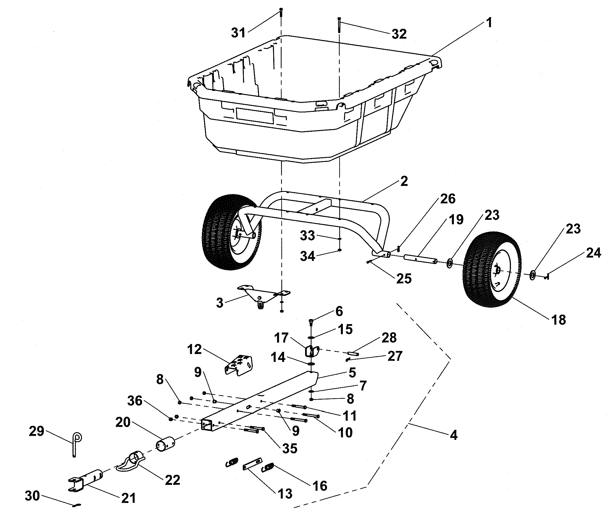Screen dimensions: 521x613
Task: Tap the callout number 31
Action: tap(238, 32)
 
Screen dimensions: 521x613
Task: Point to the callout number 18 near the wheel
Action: tap(558, 320)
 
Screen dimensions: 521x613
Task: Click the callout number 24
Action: tap(593, 253)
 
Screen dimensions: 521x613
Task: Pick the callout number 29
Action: tap(36, 431)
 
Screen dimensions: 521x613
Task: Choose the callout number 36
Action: tap(135, 401)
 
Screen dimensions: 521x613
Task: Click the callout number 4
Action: tap(454, 435)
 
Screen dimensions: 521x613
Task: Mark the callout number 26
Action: tap(448, 199)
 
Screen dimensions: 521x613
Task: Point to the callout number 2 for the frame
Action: tap(404, 181)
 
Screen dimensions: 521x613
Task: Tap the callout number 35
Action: tap(289, 448)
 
